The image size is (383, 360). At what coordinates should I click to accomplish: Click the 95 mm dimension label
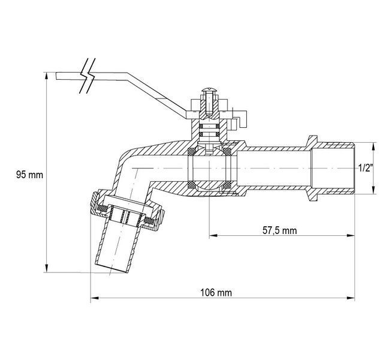[29, 175]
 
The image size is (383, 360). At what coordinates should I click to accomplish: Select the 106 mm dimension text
[216, 293]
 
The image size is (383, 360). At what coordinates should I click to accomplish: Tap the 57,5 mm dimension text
[280, 230]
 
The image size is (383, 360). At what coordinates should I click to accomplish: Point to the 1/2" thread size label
[366, 168]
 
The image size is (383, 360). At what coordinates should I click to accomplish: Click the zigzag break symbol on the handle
[88, 76]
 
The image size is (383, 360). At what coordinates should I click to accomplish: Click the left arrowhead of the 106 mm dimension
[94, 298]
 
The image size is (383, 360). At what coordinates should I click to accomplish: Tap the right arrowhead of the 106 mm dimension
[351, 298]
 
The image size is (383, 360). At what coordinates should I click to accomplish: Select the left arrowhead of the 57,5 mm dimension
[213, 236]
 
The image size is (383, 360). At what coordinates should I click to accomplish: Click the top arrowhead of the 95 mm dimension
[47, 76]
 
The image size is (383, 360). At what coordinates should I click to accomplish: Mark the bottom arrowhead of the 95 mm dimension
[47, 268]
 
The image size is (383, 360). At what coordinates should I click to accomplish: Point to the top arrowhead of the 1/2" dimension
[373, 147]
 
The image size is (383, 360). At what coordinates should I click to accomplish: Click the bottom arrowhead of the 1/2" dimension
[373, 190]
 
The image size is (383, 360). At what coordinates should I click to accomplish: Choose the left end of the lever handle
[56, 76]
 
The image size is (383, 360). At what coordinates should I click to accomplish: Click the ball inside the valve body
[209, 168]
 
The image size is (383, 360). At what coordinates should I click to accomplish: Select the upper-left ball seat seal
[191, 151]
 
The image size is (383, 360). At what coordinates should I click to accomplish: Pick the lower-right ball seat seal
[227, 185]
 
